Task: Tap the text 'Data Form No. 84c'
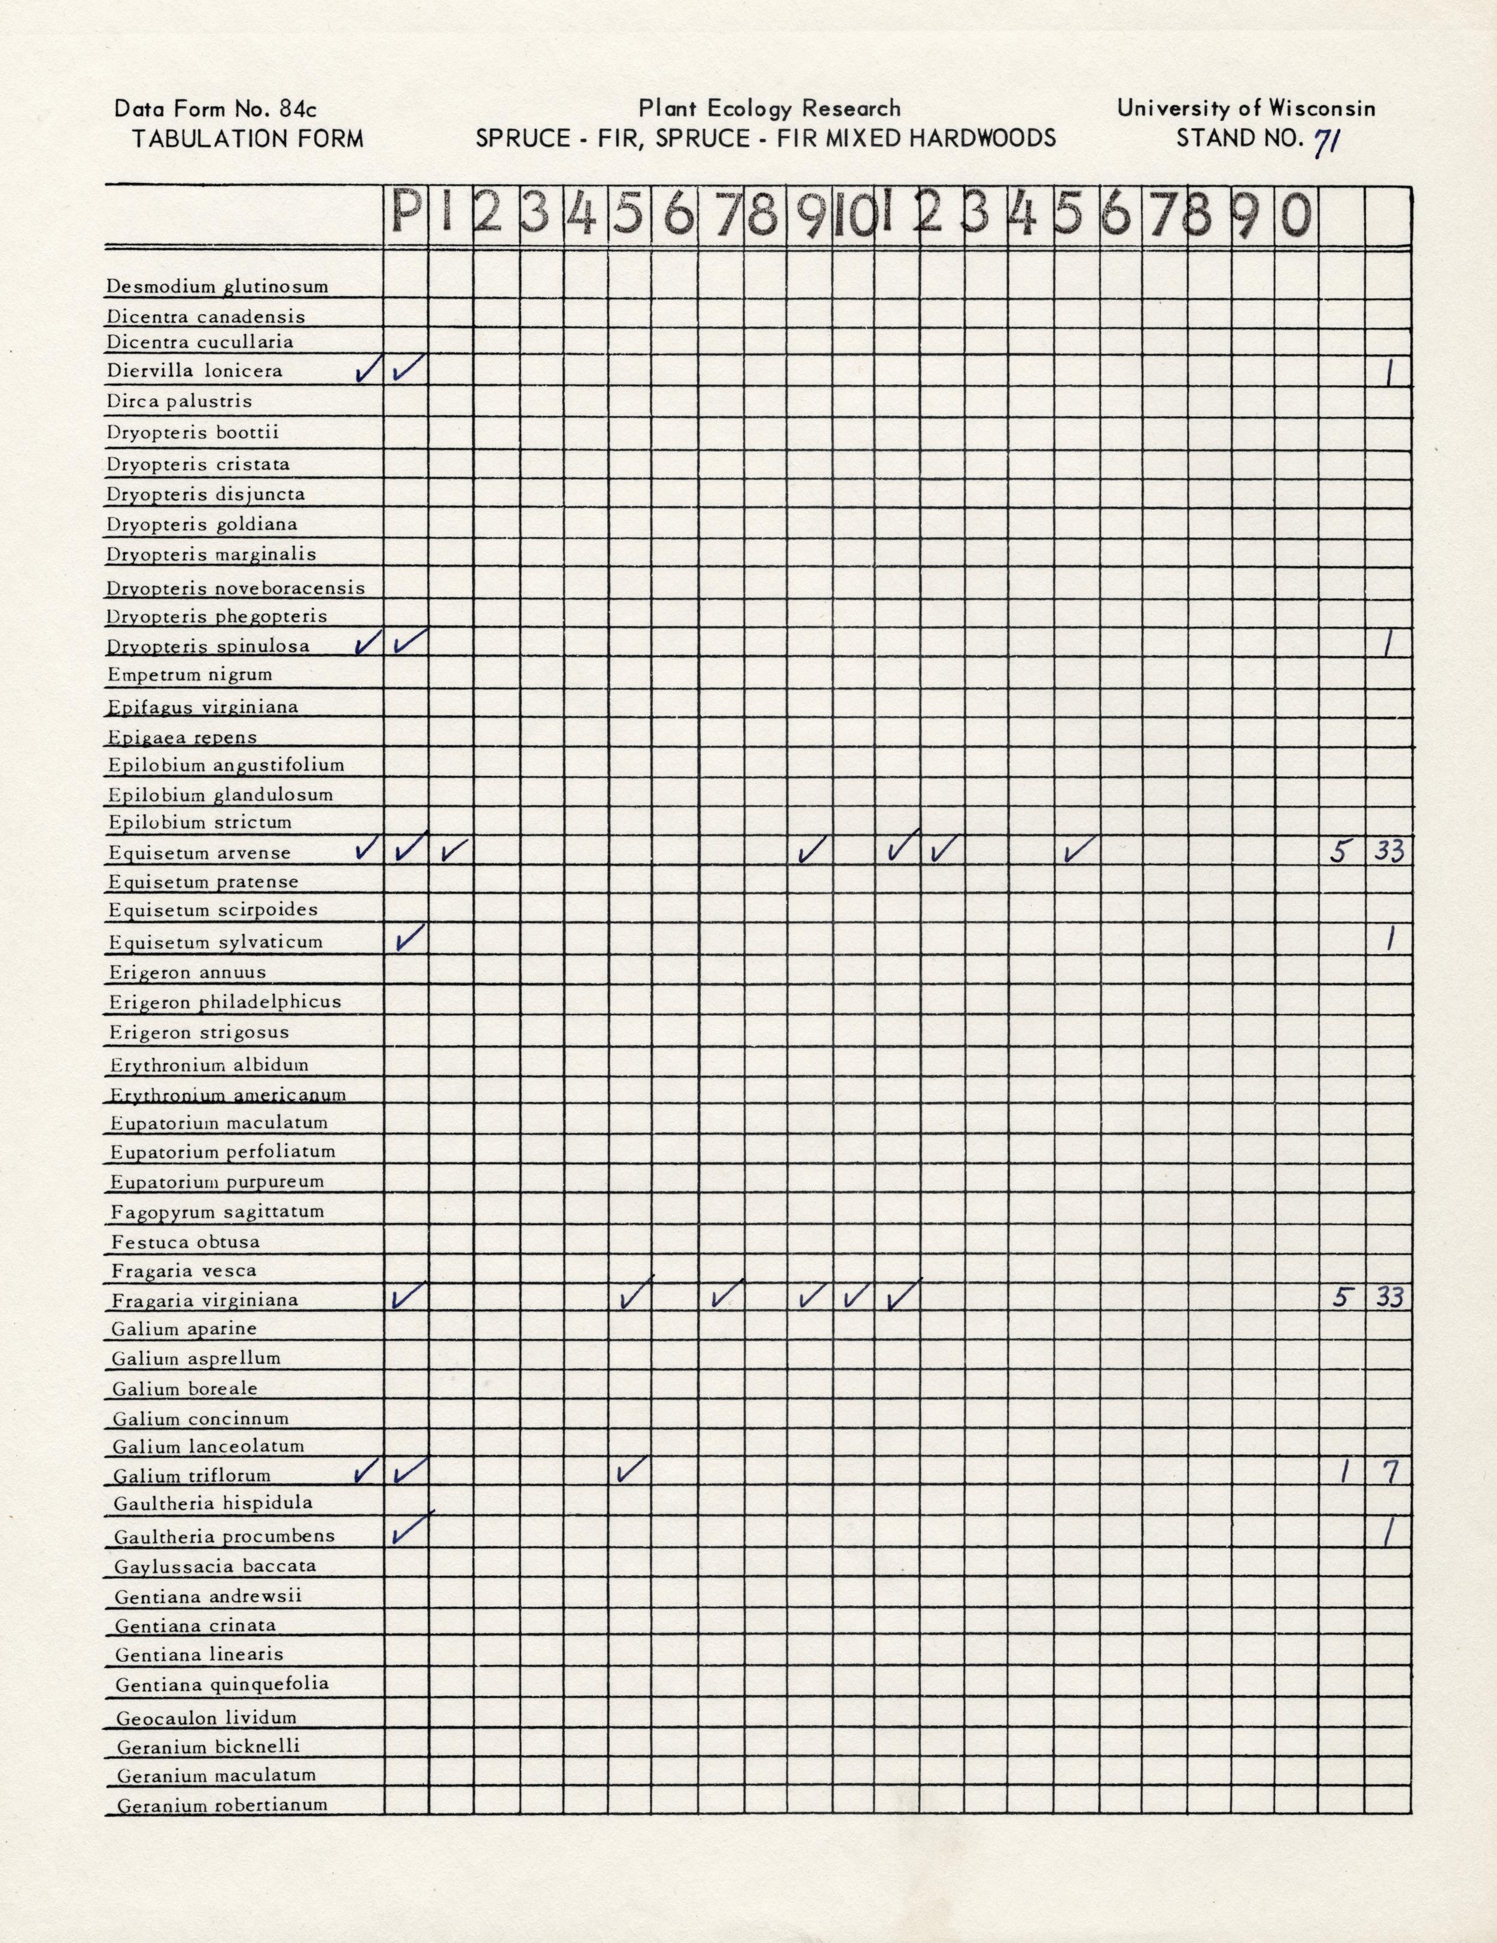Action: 215,109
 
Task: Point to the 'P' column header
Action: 406,214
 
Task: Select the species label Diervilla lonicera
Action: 195,371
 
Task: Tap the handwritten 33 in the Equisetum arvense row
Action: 1389,851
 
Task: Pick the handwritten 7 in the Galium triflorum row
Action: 1389,1473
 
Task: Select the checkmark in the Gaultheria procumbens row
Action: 409,1529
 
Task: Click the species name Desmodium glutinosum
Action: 217,287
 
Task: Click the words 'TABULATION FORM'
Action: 248,139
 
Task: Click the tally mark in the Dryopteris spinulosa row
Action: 1389,642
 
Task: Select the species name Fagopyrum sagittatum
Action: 217,1212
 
